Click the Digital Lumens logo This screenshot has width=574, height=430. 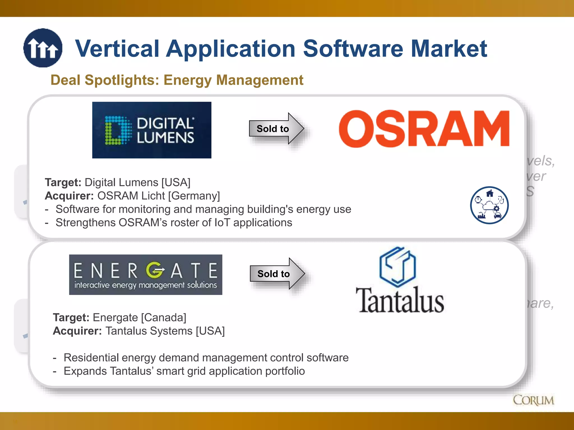click(x=152, y=130)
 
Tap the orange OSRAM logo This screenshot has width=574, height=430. click(x=424, y=129)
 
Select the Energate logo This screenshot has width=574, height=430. click(x=145, y=275)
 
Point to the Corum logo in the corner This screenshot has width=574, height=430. click(x=533, y=400)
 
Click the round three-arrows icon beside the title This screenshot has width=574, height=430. click(x=43, y=48)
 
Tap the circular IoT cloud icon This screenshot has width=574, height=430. click(x=489, y=205)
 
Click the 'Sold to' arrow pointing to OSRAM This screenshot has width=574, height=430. click(x=276, y=128)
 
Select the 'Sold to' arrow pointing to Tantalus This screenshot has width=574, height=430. click(x=277, y=274)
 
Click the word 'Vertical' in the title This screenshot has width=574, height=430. click(x=117, y=49)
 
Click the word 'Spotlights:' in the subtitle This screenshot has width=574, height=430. click(x=122, y=80)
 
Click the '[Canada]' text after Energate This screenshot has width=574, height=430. click(x=163, y=317)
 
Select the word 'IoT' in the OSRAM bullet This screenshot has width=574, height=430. click(x=222, y=223)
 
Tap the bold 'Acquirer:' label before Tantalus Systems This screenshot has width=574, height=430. click(x=77, y=331)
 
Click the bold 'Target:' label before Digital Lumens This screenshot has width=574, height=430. click(x=63, y=183)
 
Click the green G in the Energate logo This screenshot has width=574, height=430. click(x=154, y=270)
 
